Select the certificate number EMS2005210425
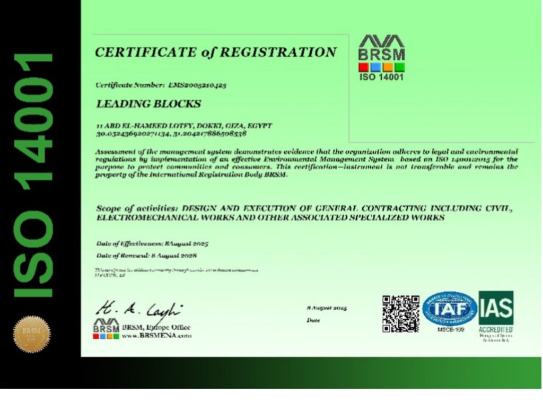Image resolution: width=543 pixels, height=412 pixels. (197, 85)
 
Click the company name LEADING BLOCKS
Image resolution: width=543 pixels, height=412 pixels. (148, 104)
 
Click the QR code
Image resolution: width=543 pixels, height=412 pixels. (401, 313)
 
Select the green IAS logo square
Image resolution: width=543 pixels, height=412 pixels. (496, 308)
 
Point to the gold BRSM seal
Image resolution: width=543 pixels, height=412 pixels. (32, 334)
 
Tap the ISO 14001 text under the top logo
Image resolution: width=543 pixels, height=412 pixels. (381, 77)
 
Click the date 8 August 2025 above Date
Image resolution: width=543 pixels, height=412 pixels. (327, 308)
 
